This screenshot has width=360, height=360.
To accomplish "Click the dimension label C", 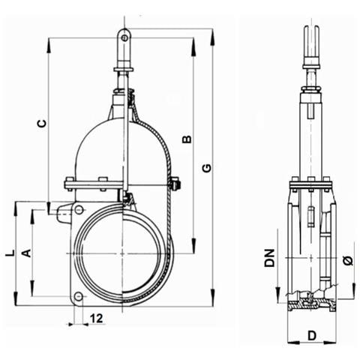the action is pyautogui.click(x=42, y=124).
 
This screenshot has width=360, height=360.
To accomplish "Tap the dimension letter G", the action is pyautogui.click(x=207, y=168).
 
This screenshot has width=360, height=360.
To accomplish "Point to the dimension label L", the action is pyautogui.click(x=10, y=253).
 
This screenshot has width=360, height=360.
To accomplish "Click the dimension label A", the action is pyautogui.click(x=27, y=253).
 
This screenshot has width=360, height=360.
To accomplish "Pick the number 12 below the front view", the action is pyautogui.click(x=96, y=319).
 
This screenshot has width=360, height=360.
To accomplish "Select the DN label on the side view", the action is pyautogui.click(x=270, y=258).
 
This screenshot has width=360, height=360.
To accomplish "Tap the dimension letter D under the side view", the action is pyautogui.click(x=312, y=335).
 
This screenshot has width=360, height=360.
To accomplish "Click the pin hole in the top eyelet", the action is pyautogui.click(x=124, y=38).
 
